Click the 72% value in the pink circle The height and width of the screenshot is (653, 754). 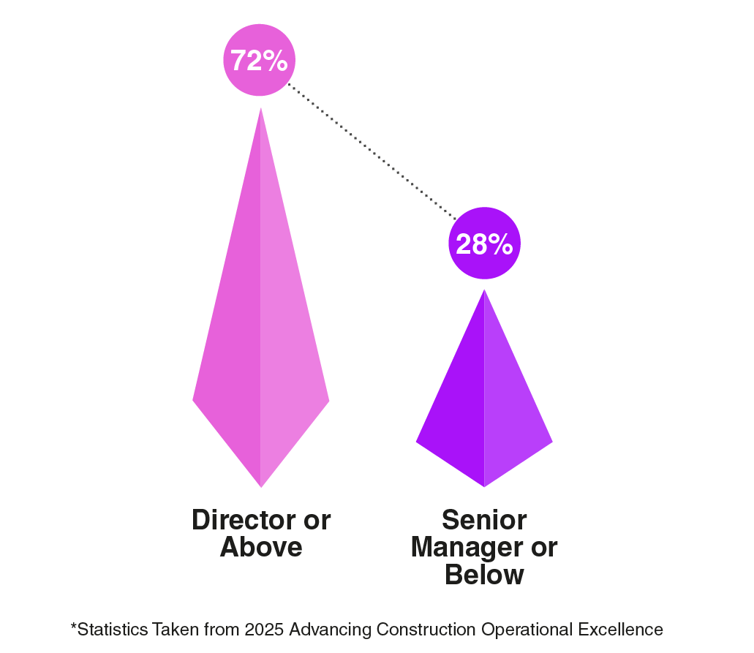[259, 61]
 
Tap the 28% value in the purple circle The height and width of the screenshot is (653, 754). [483, 244]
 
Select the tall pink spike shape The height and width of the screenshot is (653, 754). [260, 329]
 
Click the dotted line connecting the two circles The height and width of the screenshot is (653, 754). [369, 149]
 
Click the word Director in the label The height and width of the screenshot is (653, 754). [236, 521]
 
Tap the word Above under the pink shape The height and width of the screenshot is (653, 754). [261, 548]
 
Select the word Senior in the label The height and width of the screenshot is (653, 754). [484, 521]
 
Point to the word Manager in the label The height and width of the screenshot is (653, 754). [464, 548]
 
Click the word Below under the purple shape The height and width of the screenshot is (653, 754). [484, 575]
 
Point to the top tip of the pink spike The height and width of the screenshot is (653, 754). [261, 110]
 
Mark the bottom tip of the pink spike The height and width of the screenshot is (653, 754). [261, 486]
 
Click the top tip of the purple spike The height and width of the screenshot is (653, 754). [484, 291]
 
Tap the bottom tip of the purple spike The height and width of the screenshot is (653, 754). [484, 486]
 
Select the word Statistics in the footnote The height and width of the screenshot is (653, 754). [108, 630]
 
